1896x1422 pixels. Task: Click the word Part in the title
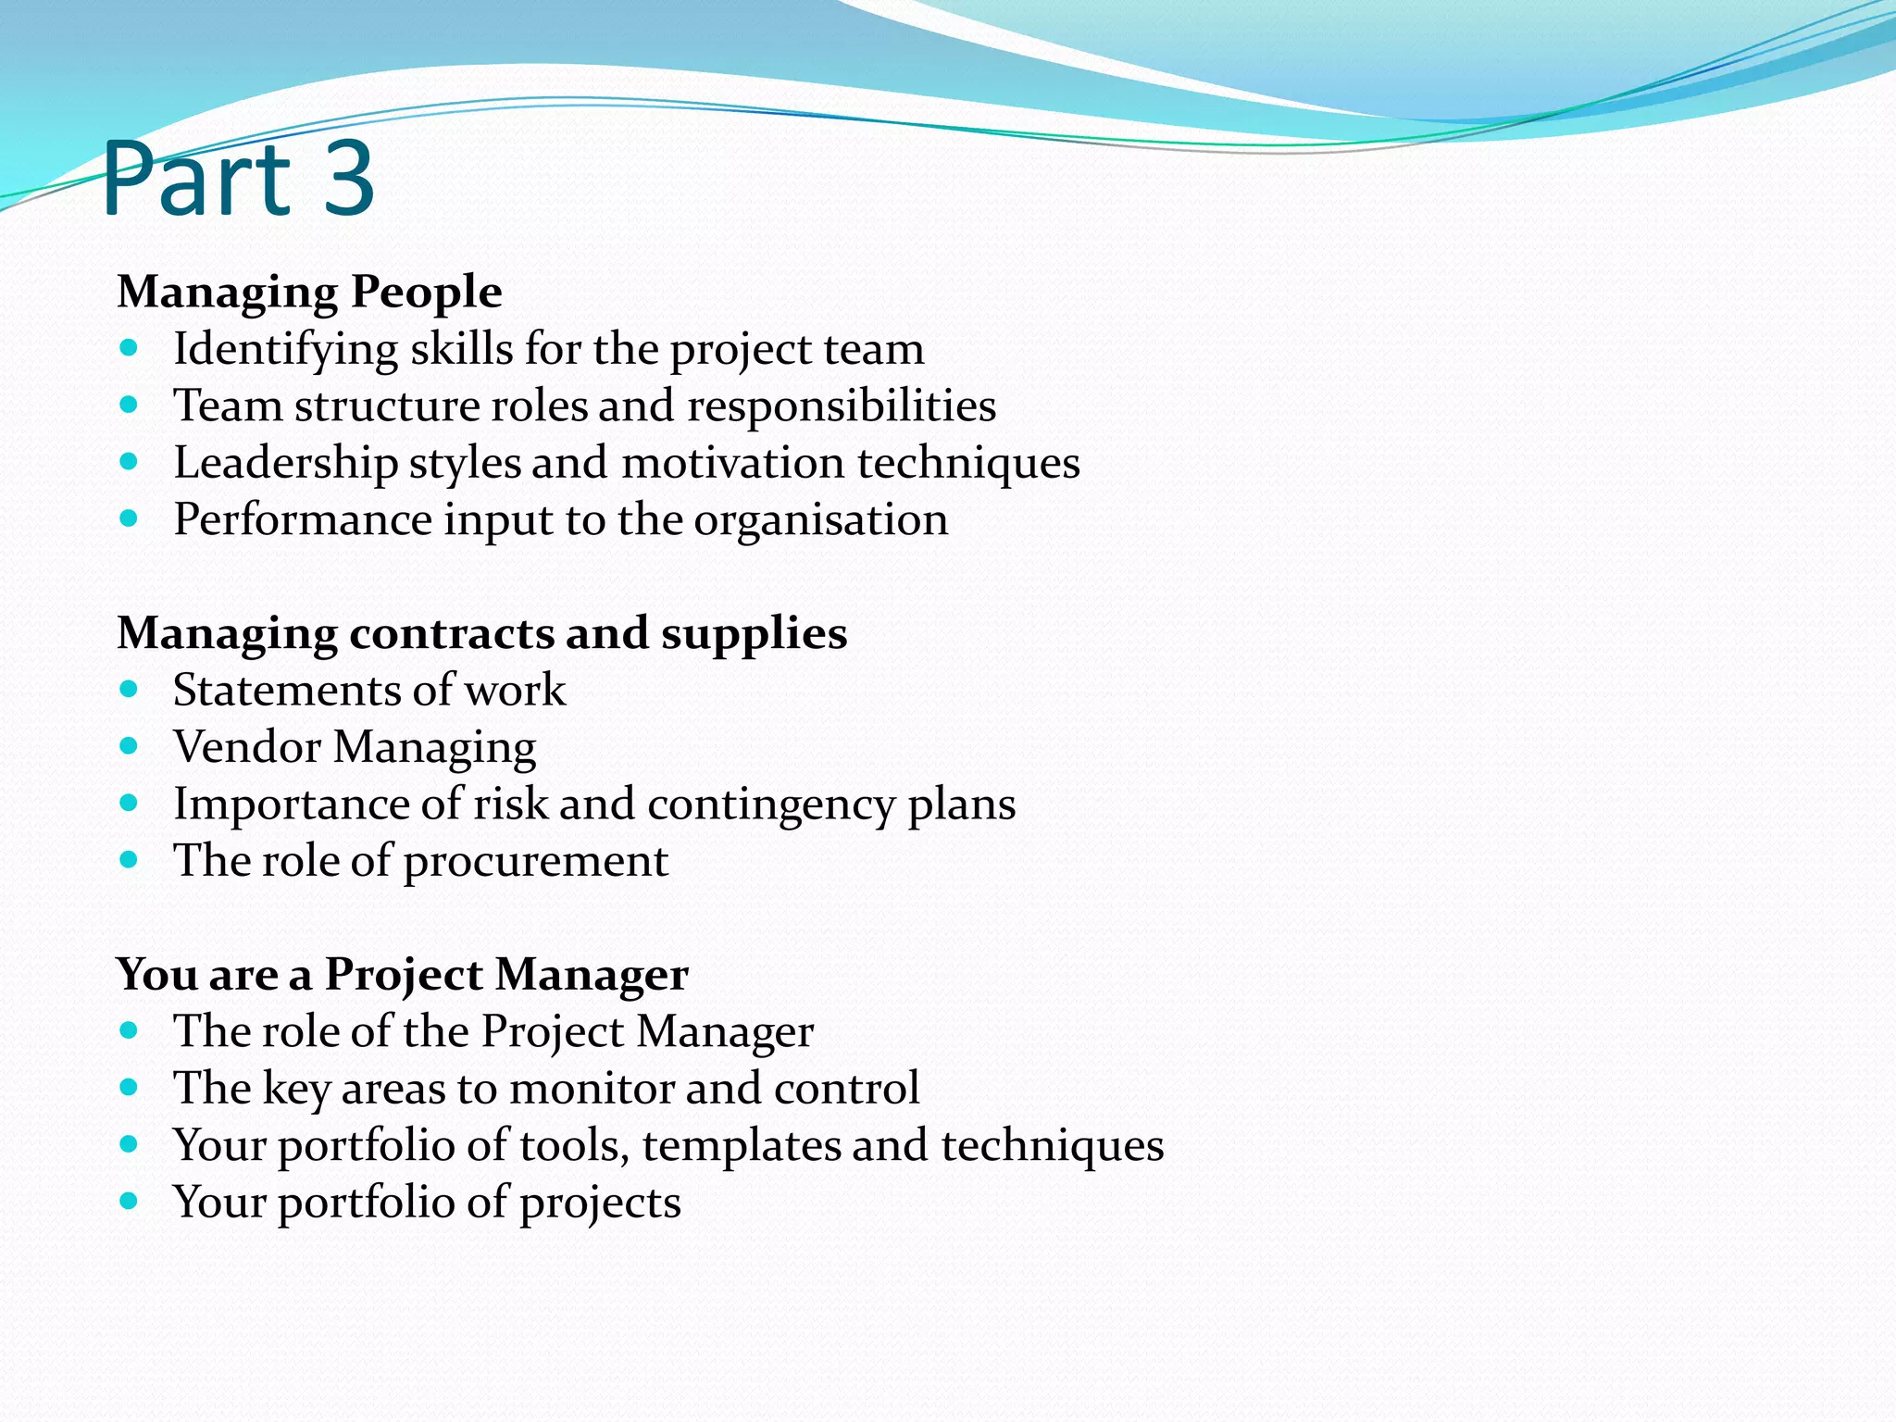point(197,179)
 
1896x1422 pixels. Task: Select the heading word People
point(427,293)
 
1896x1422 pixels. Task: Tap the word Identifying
point(286,351)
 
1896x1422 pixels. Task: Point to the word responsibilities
point(842,406)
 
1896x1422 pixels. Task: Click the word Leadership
point(285,464)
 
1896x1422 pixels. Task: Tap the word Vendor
point(246,747)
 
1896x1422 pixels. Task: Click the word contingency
point(771,805)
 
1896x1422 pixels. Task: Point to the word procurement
point(535,862)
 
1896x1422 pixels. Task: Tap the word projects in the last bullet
point(600,1204)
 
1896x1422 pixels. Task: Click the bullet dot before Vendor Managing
point(129,745)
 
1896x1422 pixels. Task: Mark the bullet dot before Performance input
point(129,518)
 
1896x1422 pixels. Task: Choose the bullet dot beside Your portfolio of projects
point(129,1201)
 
